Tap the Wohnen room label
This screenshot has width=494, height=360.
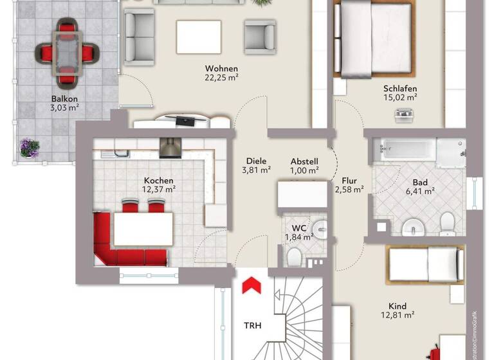222,69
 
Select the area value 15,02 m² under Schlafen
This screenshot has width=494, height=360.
400,98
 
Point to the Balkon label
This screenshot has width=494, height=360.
64,99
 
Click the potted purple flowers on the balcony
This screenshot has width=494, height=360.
29,147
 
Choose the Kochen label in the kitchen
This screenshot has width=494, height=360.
158,181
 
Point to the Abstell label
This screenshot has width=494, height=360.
304,161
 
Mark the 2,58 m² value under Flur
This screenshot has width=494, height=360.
349,190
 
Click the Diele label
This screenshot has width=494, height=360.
256,161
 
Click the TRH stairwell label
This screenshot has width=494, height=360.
252,325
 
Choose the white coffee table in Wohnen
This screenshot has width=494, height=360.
199,37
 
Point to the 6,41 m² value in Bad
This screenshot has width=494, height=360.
421,191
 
